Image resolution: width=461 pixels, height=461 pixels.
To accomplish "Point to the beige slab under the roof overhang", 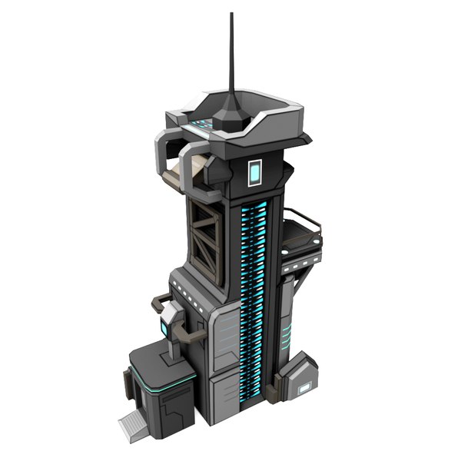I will point(184,163).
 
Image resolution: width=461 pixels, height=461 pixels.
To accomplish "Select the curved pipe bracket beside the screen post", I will point(187,330).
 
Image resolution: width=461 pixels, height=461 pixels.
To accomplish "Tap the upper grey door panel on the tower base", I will point(224,334).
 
